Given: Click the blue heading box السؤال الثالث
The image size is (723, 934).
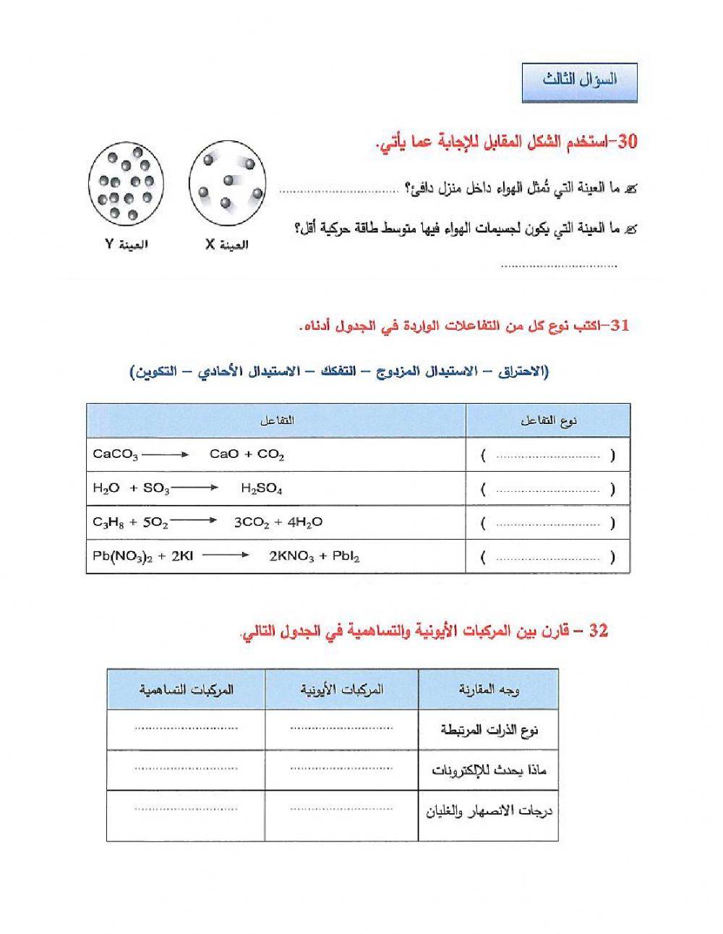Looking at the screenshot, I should click(579, 82).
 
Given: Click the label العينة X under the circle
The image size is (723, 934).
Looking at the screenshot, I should click(226, 245).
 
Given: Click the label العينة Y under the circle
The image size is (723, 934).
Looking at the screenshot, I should click(127, 245).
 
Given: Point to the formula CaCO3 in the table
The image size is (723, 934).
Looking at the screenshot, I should click(115, 455).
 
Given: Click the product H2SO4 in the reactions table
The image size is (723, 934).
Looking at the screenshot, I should click(260, 488).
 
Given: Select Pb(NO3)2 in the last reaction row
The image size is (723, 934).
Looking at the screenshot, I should click(123, 556).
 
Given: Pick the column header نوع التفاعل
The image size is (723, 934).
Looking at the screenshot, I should click(548, 421).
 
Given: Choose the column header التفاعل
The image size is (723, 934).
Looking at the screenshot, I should click(276, 421).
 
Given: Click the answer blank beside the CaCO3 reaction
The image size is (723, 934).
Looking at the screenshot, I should click(548, 457).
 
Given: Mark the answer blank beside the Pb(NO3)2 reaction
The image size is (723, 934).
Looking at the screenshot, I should click(548, 558).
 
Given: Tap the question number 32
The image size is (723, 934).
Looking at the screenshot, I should click(599, 632).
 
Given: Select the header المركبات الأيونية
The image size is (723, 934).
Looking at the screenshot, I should click(342, 689).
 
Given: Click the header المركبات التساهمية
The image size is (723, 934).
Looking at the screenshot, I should click(187, 689).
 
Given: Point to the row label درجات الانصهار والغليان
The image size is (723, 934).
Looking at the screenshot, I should click(489, 811).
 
